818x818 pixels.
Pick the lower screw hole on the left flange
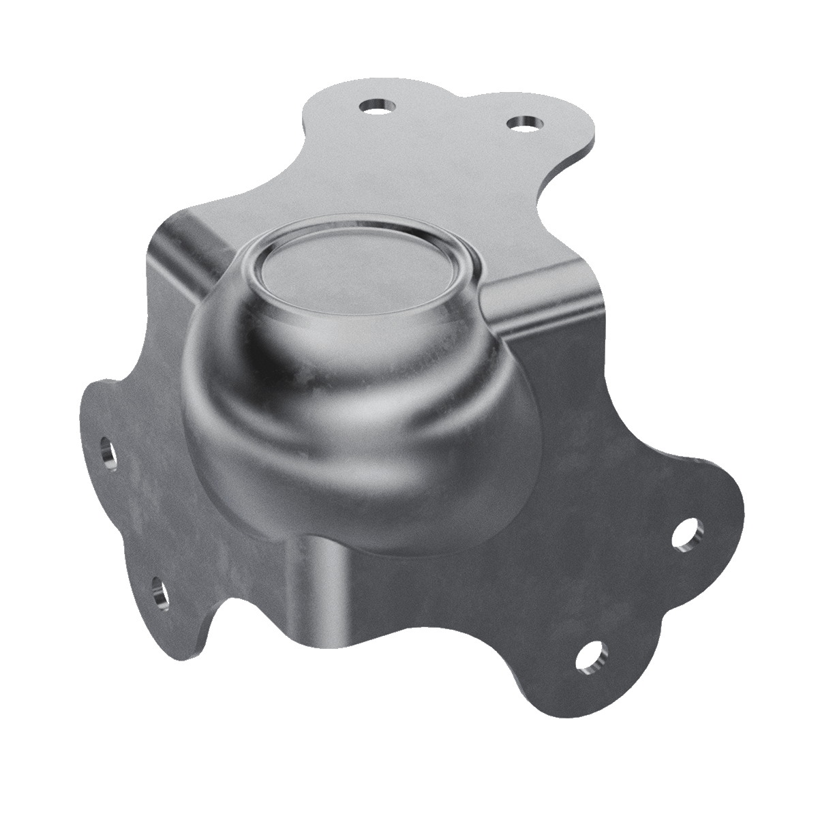[x=159, y=590]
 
